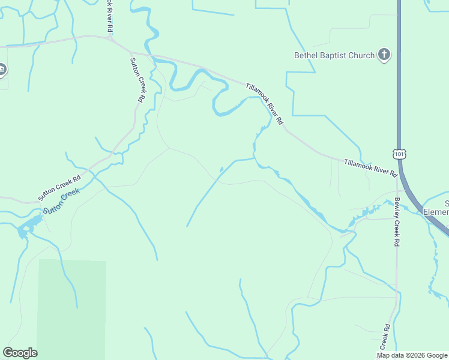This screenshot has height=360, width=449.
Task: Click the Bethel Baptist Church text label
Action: click(334, 56)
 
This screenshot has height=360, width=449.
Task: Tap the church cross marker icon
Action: click(384, 55)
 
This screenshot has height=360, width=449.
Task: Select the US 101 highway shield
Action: click(400, 154)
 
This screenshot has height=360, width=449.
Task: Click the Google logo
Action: click(20, 353)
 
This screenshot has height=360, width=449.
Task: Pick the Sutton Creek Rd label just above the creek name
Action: click(59, 188)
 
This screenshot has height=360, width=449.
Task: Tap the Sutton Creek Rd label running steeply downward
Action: click(138, 80)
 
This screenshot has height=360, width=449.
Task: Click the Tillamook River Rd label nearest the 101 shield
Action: click(371, 167)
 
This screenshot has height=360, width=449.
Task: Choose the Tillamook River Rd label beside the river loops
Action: click(264, 103)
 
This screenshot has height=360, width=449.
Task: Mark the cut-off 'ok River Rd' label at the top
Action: click(110, 16)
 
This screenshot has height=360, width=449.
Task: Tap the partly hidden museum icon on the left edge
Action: click(2, 70)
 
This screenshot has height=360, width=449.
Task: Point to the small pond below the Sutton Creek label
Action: click(27, 227)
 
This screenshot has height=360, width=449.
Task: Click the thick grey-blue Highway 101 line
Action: click(399, 90)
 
